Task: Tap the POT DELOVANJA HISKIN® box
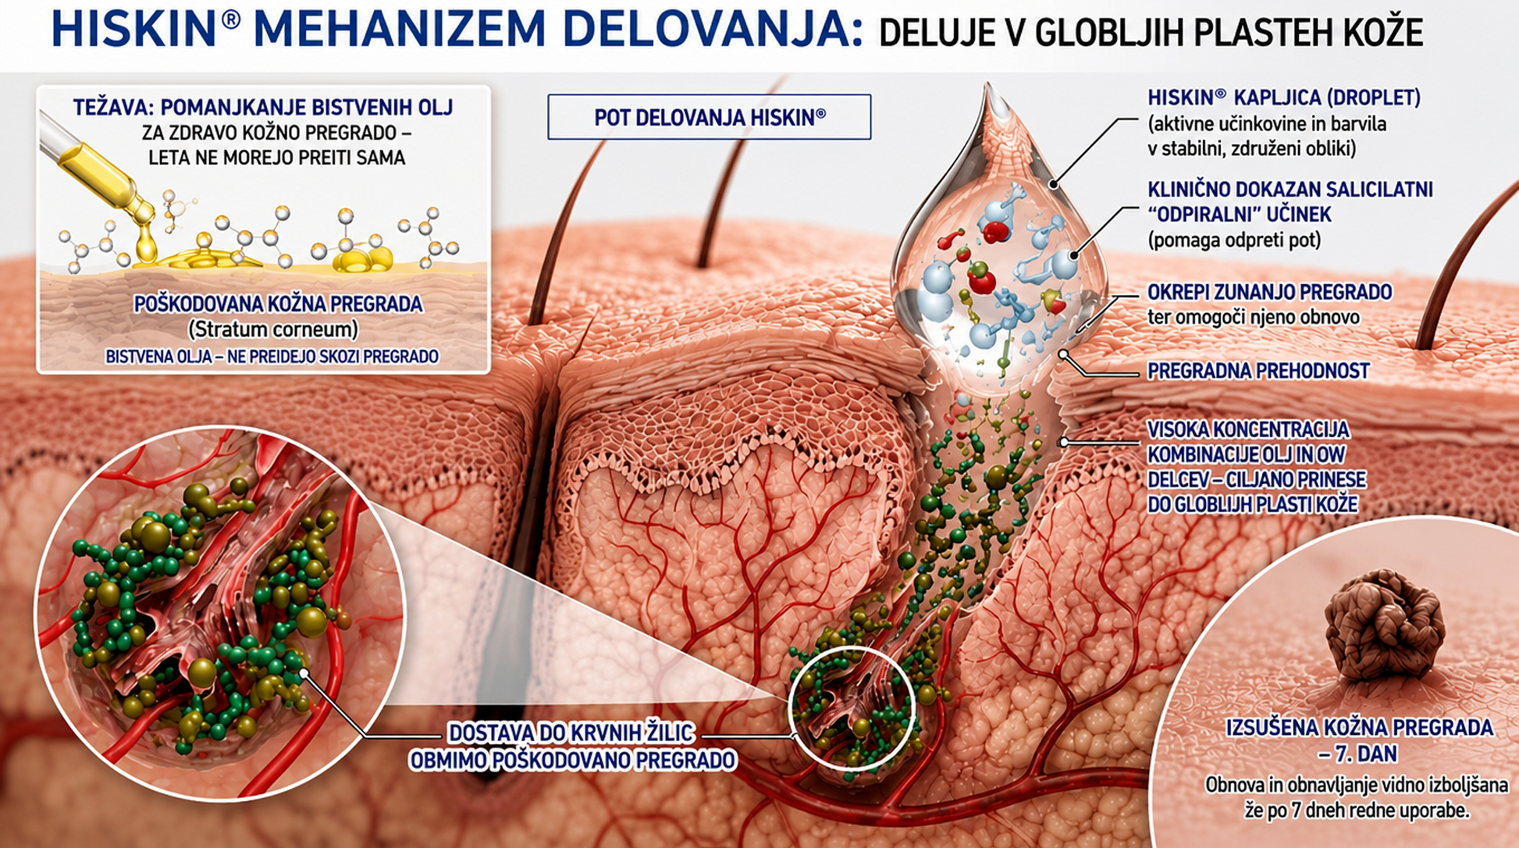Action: [710, 117]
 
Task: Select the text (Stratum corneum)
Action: [274, 330]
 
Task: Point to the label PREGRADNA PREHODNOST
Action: [1258, 371]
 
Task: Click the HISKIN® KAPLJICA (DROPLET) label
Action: [1284, 98]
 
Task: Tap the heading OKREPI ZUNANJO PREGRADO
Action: [1270, 292]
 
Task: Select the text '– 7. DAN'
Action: [1357, 754]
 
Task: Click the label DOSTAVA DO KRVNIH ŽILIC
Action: [571, 733]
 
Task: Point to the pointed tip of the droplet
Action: [989, 85]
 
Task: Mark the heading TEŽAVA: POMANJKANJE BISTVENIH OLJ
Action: [263, 108]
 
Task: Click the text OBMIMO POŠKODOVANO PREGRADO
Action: [572, 760]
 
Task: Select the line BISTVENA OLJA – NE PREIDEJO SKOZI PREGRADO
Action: [272, 357]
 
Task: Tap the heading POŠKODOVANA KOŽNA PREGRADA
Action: [278, 304]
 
